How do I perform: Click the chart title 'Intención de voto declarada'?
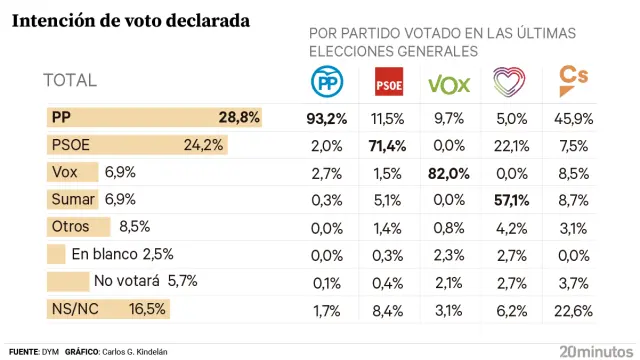click(x=130, y=20)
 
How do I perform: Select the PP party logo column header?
click(x=326, y=82)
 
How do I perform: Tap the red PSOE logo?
click(x=387, y=83)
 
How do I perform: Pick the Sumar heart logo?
click(x=509, y=82)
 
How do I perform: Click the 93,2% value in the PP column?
click(x=326, y=118)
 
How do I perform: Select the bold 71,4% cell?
click(x=387, y=145)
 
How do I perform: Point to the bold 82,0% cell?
click(x=448, y=173)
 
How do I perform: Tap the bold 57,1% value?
click(x=510, y=200)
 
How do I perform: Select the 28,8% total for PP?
click(x=239, y=118)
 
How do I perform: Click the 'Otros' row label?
click(x=70, y=227)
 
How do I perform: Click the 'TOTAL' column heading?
click(x=70, y=81)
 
